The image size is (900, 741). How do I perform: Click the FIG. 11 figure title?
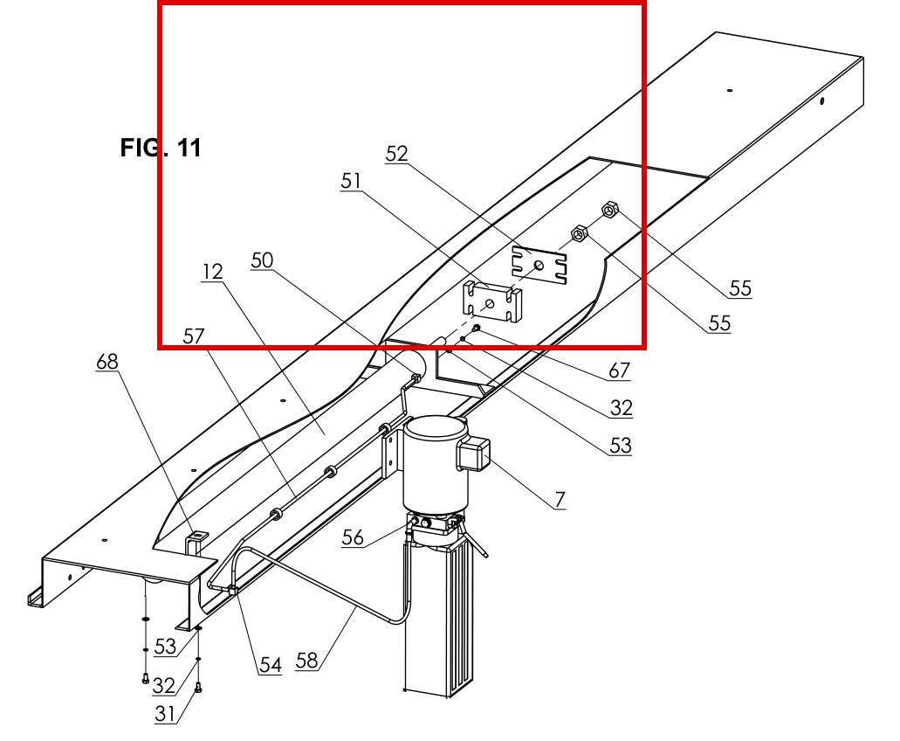[161, 148]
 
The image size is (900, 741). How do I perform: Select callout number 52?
[396, 154]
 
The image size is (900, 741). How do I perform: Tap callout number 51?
[351, 181]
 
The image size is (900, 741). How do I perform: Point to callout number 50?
[262, 260]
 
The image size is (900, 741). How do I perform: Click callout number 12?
[212, 271]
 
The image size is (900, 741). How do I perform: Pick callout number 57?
[194, 336]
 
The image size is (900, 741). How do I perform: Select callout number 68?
[107, 362]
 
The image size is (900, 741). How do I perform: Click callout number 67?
[619, 370]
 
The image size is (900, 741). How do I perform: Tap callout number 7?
[560, 500]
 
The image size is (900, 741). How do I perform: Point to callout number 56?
[353, 537]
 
